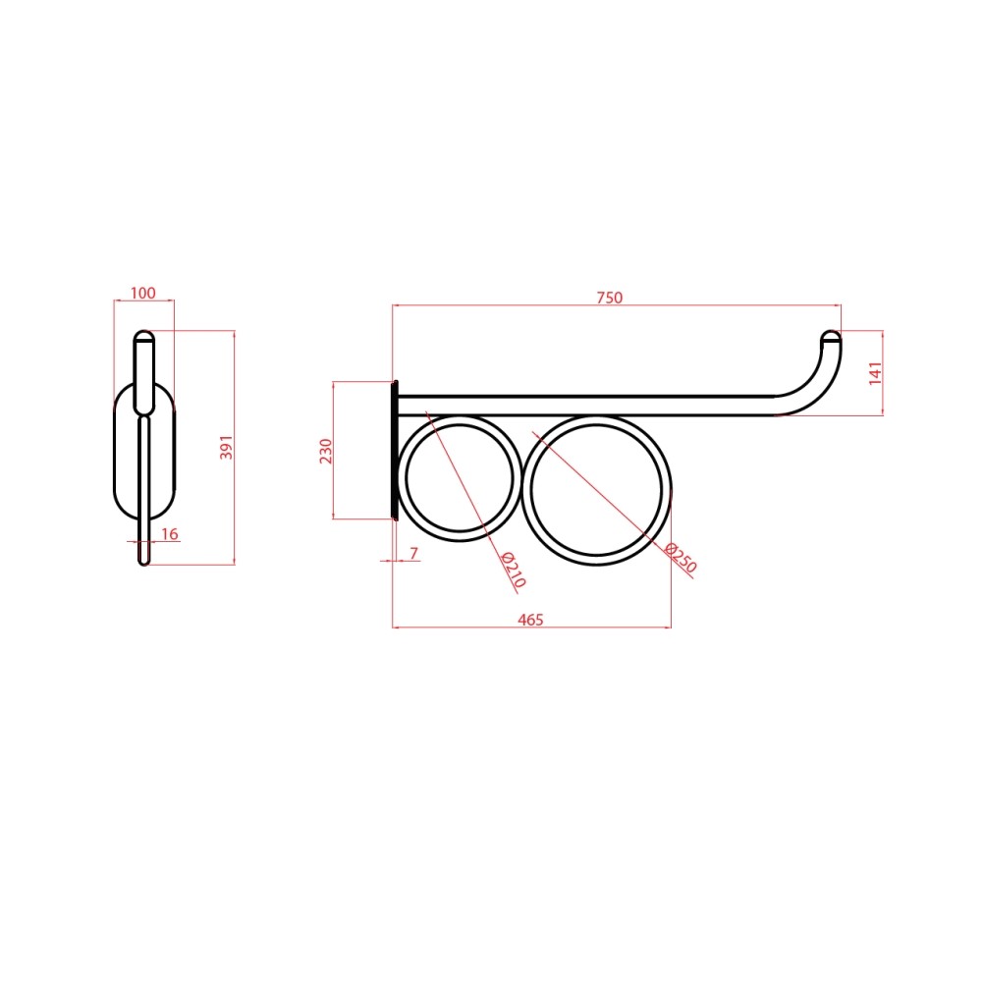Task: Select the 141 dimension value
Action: (x=876, y=373)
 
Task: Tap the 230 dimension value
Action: (x=327, y=450)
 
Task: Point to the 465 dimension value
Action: (x=530, y=619)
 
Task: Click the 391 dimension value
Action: (x=226, y=449)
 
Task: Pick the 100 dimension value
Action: (x=143, y=293)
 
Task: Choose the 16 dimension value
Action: (x=169, y=533)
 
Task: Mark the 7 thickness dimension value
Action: (x=413, y=554)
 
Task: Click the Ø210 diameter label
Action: (x=514, y=570)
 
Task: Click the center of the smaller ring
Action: (x=461, y=478)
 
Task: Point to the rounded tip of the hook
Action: (x=831, y=337)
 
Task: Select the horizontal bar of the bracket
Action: (x=589, y=406)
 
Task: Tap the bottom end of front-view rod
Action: (x=144, y=560)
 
